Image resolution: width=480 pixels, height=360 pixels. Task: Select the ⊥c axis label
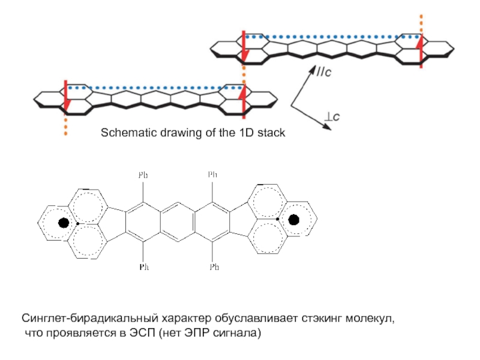point(332,116)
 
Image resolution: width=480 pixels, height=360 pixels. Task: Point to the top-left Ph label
point(143,175)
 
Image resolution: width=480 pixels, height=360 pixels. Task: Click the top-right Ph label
point(212,175)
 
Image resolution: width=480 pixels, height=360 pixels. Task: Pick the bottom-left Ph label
point(144,267)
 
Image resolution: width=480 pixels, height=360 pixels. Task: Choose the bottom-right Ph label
point(214,267)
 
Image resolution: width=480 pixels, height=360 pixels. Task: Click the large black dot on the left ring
point(64,223)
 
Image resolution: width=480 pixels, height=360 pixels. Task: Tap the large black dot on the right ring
point(294,220)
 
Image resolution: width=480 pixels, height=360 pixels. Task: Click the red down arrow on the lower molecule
point(66,98)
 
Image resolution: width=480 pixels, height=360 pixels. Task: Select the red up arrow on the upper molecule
point(421,50)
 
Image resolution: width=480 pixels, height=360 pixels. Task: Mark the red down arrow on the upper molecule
point(244,47)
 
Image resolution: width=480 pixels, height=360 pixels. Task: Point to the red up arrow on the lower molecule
point(244,101)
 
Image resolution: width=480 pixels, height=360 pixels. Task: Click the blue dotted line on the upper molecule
point(333,37)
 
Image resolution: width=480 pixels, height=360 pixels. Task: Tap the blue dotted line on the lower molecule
point(155,88)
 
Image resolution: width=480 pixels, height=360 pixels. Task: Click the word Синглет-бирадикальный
point(89,319)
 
